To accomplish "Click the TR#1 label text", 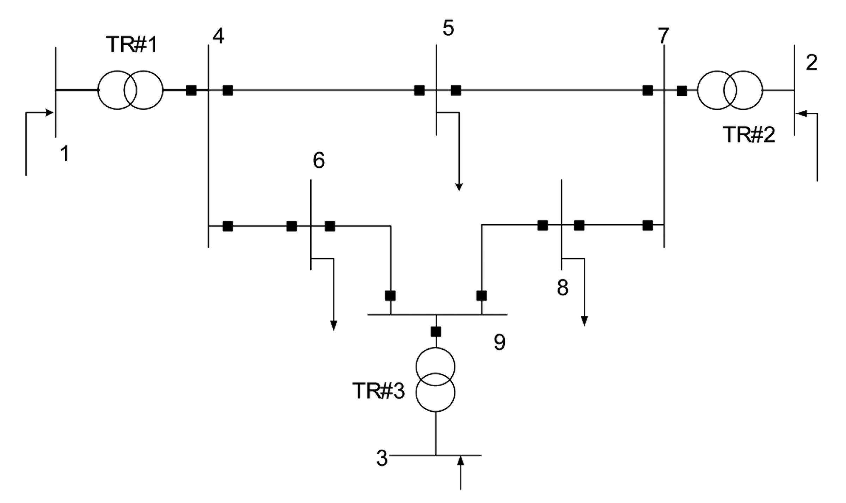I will pyautogui.click(x=131, y=45).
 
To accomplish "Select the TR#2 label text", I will pyautogui.click(x=749, y=135).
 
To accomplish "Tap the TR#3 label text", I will pyautogui.click(x=378, y=391).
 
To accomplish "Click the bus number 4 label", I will pyautogui.click(x=218, y=36).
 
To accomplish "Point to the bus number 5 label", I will pyautogui.click(x=448, y=28).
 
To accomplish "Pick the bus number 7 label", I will pyautogui.click(x=663, y=36).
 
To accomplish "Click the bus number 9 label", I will pyautogui.click(x=499, y=342).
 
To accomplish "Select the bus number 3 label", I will pyautogui.click(x=382, y=458).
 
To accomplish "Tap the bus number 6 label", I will pyautogui.click(x=319, y=160).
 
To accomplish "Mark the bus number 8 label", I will pyautogui.click(x=563, y=287).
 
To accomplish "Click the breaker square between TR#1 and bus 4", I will pyautogui.click(x=191, y=90).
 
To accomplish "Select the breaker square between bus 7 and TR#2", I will pyautogui.click(x=682, y=91).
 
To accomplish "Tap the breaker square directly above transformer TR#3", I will pyautogui.click(x=436, y=332).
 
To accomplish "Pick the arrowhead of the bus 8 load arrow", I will pyautogui.click(x=584, y=321).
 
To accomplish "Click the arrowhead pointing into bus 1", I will pyautogui.click(x=49, y=113).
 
